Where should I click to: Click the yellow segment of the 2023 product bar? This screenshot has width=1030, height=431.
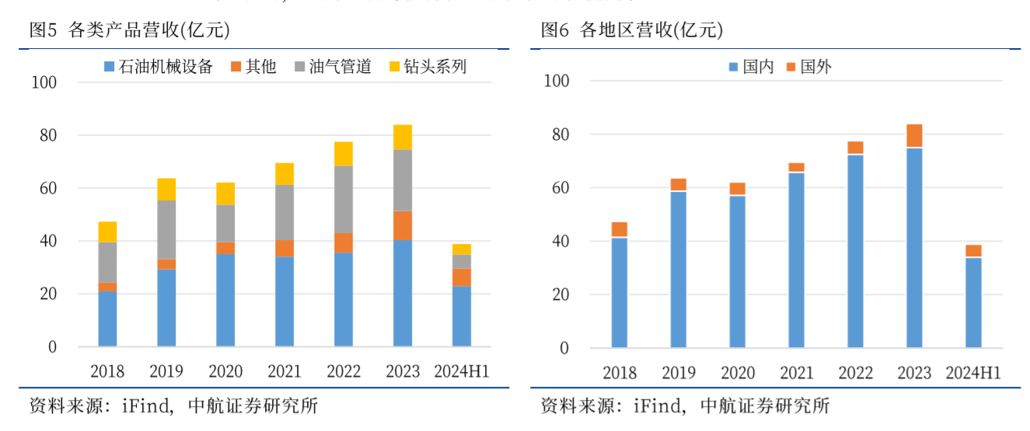(x=402, y=137)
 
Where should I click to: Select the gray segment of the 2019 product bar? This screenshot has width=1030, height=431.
(x=166, y=230)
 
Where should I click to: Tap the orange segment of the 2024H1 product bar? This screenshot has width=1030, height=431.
(x=462, y=277)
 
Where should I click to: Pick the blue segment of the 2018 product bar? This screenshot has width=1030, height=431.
(x=107, y=319)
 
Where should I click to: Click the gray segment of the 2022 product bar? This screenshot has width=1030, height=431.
(x=344, y=200)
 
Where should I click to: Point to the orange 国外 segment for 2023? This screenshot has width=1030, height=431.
(x=914, y=136)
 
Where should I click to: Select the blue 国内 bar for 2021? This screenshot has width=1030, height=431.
(x=796, y=259)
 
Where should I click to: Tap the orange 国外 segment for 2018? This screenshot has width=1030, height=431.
(x=619, y=229)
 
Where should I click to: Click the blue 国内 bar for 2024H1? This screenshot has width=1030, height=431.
(x=973, y=302)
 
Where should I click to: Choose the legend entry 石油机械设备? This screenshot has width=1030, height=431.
(x=159, y=67)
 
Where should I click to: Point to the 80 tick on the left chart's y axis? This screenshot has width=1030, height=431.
(x=47, y=135)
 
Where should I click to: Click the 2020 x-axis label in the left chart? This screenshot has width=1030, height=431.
(x=225, y=371)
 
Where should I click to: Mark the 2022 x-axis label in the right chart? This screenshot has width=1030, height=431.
(x=855, y=373)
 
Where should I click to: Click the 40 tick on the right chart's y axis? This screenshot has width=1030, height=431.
(x=560, y=242)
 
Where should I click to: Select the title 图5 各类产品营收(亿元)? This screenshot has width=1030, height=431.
(x=129, y=30)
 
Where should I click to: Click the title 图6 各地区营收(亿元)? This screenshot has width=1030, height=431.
(x=632, y=30)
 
